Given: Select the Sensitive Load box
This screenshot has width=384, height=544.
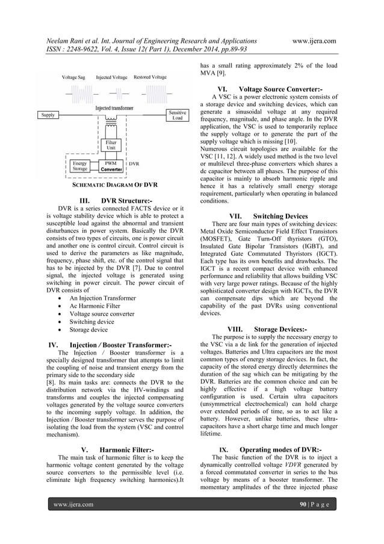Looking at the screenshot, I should click(177, 115).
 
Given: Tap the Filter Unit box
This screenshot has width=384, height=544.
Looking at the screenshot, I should click(110, 145).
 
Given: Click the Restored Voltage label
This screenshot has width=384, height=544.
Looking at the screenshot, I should click(150, 77).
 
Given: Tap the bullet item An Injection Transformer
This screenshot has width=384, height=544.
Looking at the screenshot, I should click(103, 298).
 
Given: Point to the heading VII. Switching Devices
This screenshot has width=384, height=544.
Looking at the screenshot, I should click(268, 215).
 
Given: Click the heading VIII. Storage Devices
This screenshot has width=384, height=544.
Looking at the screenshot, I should click(268, 329).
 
